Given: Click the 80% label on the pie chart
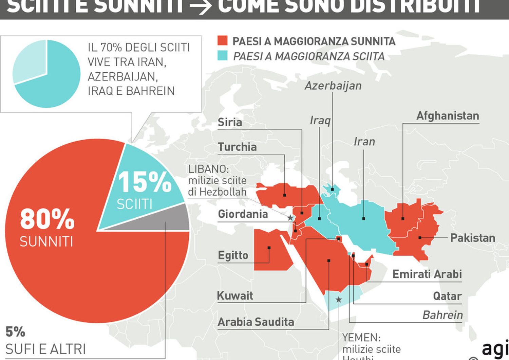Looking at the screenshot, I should pyautogui.click(x=47, y=219).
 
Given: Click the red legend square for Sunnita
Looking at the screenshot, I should pyautogui.click(x=222, y=41).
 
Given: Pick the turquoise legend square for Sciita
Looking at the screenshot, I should pyautogui.click(x=222, y=56).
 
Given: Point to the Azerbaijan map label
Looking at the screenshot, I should pyautogui.click(x=333, y=86).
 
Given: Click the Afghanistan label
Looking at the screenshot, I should pyautogui.click(x=447, y=116).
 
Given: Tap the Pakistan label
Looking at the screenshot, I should pyautogui.click(x=472, y=238).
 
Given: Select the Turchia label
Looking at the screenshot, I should pyautogui.click(x=237, y=147).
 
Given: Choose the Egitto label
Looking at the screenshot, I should pyautogui.click(x=233, y=255).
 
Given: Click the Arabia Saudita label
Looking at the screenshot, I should pyautogui.click(x=256, y=322).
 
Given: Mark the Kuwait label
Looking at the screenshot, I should pyautogui.click(x=235, y=295).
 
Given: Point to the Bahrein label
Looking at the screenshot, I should pyautogui.click(x=442, y=315).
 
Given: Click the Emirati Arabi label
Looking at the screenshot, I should pyautogui.click(x=427, y=274).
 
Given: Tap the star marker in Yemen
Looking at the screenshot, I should pyautogui.click(x=339, y=300).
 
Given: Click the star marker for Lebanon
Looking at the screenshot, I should pyautogui.click(x=290, y=218).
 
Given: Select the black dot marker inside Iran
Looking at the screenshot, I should pyautogui.click(x=364, y=219).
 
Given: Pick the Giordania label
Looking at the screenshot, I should pyautogui.click(x=243, y=214).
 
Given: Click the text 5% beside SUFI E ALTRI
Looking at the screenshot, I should pyautogui.click(x=15, y=332).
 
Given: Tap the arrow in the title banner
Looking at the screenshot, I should pyautogui.click(x=200, y=6).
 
